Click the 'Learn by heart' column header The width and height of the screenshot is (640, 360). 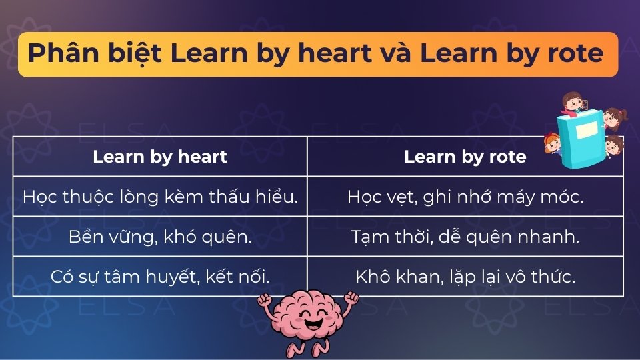coord(160,157)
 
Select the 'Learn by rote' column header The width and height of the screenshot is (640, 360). coord(465,157)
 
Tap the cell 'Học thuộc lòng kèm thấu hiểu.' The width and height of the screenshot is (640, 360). coord(160,197)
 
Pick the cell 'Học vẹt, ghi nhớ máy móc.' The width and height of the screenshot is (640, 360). coord(465,197)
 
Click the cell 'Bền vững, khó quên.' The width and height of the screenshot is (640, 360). coord(160,237)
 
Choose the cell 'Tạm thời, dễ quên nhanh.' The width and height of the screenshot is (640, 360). coord(465,237)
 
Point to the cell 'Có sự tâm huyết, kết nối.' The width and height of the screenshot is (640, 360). coord(160,277)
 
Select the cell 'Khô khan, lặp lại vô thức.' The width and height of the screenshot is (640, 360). coord(465,277)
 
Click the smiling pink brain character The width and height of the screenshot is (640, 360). coord(308,319)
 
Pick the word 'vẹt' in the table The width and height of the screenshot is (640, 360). coord(400,197)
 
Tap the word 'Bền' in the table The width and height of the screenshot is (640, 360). coord(83,237)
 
